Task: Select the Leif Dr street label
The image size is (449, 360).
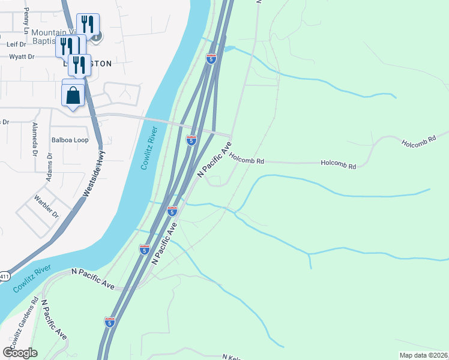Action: tap(16, 44)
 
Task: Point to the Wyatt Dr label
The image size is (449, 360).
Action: tap(22, 57)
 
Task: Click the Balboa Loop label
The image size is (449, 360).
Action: tap(69, 140)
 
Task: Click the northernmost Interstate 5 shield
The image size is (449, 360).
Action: tap(211, 58)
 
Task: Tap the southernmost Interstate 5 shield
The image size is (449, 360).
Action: tap(109, 322)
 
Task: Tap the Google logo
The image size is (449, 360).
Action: tap(20, 352)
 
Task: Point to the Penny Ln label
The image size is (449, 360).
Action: tap(26, 21)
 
